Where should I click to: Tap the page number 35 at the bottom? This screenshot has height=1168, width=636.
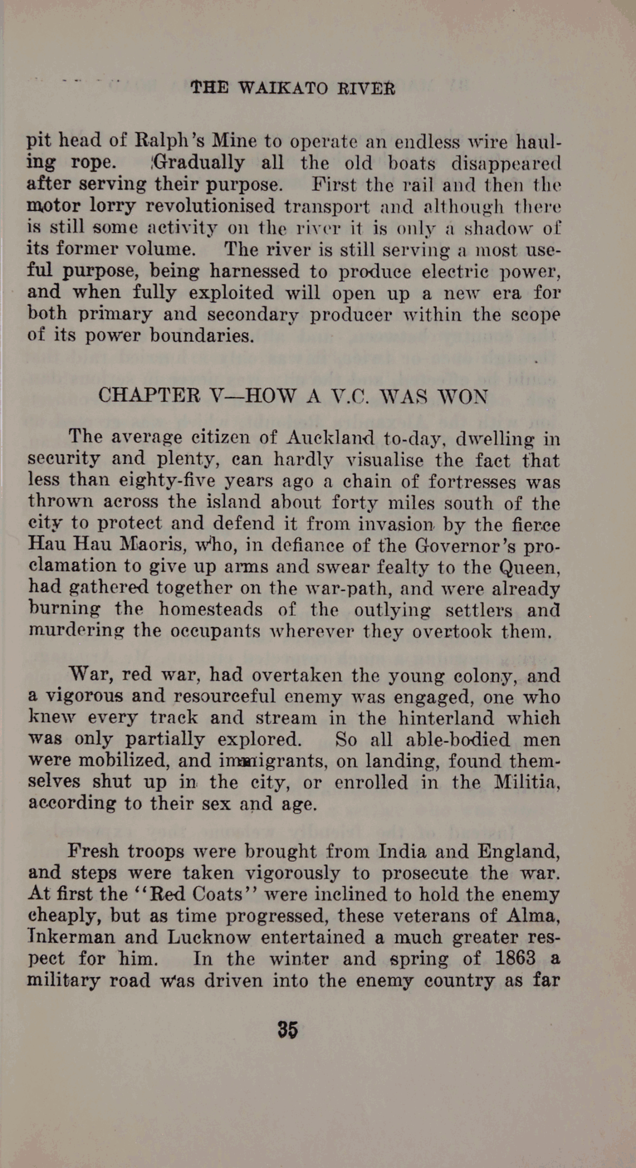(x=288, y=1029)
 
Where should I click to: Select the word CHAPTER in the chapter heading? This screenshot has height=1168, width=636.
(x=149, y=395)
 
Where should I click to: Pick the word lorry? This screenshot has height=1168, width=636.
(x=118, y=205)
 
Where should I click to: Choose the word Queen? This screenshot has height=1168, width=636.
(x=530, y=567)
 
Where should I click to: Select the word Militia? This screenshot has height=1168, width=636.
(x=528, y=781)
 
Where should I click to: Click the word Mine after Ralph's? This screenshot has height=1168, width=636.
(x=235, y=141)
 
